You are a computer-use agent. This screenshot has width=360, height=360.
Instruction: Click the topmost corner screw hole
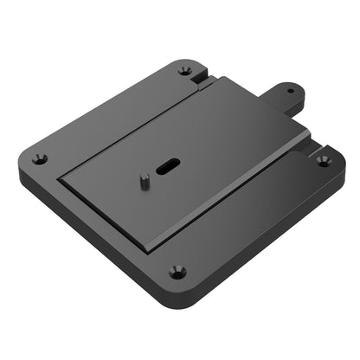tap(184, 70)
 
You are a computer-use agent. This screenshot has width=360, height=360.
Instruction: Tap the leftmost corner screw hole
tap(40, 158)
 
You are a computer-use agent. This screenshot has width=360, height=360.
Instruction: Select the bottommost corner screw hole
tap(177, 270)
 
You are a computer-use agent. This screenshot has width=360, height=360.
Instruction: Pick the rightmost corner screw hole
tap(323, 160)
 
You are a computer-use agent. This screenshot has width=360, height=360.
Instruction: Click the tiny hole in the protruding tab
tap(290, 90)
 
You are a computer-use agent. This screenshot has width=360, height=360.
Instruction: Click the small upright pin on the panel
tap(145, 180)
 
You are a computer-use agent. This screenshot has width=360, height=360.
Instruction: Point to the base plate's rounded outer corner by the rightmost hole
tap(340, 161)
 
